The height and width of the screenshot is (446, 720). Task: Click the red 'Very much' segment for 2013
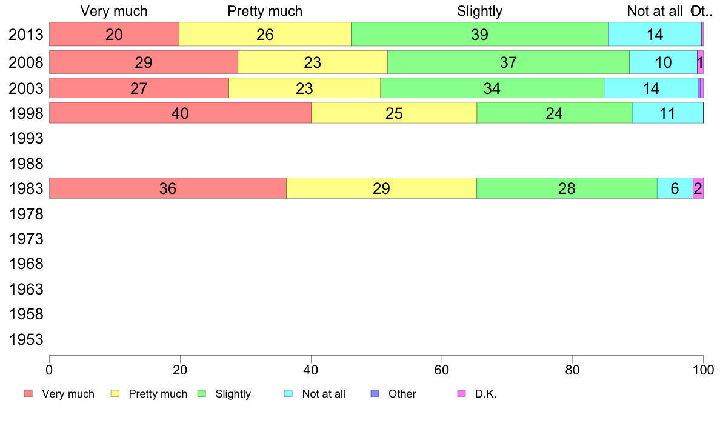[114, 35]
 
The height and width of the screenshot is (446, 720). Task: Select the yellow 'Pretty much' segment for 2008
[312, 62]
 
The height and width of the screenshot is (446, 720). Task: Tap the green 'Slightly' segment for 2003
[492, 88]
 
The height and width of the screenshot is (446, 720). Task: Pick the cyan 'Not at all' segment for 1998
[667, 113]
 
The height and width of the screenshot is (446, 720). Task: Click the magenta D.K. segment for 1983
[698, 188]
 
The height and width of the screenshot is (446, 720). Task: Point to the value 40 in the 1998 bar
[180, 113]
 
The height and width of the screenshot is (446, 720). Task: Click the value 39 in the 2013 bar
[479, 35]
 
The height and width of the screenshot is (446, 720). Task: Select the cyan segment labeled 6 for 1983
[675, 188]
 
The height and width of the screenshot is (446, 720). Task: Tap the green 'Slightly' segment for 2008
[508, 62]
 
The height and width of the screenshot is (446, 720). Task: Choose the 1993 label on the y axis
[25, 139]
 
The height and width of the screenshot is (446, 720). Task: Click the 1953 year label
[25, 339]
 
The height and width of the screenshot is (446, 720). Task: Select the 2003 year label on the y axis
[25, 88]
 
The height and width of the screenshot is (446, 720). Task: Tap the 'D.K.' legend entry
[485, 394]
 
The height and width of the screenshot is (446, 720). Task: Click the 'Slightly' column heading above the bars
[479, 11]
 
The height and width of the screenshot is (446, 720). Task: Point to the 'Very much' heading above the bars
[114, 11]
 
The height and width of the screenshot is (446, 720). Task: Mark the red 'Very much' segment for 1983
[167, 188]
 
